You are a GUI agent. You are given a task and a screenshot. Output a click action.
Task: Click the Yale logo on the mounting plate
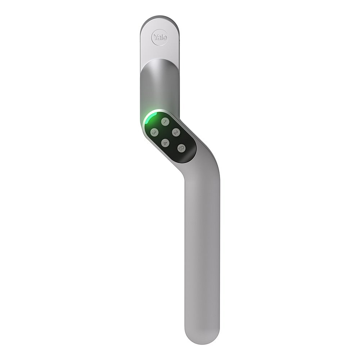click(159, 37)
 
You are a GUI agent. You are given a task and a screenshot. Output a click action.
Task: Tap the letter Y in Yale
click(155, 37)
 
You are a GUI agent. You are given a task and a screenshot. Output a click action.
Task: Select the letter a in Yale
click(159, 37)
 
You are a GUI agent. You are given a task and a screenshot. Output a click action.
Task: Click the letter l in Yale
click(161, 37)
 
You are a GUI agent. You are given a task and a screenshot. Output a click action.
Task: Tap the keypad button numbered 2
click(176, 132)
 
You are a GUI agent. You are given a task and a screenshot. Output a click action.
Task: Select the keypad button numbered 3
click(154, 132)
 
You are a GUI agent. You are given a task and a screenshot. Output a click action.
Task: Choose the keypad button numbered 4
click(165, 143)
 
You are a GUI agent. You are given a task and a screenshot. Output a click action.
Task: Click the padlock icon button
click(181, 148)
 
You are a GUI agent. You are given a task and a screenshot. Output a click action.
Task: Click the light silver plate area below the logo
click(159, 52)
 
